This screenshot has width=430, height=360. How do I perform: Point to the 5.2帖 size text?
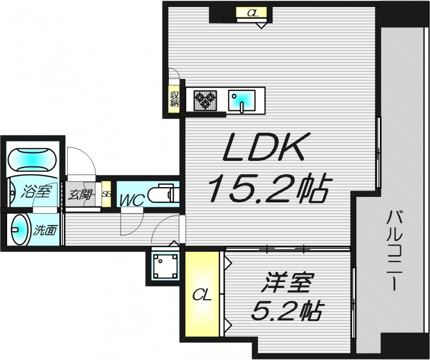pyautogui.click(x=288, y=310)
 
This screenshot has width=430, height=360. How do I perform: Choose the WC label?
pyautogui.click(x=131, y=201)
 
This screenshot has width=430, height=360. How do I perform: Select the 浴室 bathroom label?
pyautogui.click(x=35, y=190)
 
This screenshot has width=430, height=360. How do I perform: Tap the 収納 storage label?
pyautogui.click(x=174, y=100)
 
